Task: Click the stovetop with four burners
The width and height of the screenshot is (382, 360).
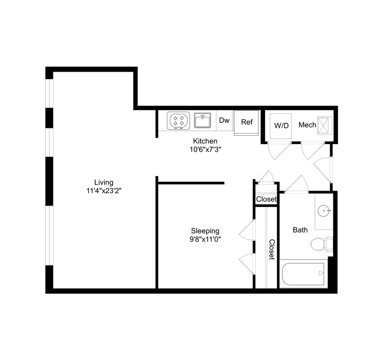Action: [178, 120]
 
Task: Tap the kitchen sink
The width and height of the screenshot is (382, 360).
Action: [202, 120]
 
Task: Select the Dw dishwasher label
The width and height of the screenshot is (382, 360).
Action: [225, 121]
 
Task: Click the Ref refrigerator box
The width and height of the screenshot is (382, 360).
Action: [247, 122]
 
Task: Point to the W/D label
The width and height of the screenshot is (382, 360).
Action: [281, 126]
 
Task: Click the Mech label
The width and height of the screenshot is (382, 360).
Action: [307, 125]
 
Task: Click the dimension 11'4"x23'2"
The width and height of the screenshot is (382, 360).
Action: [104, 191]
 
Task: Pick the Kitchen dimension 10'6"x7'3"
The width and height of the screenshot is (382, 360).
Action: [206, 149]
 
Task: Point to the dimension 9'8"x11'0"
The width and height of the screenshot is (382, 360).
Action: [205, 239]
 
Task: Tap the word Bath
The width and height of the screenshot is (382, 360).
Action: [300, 230]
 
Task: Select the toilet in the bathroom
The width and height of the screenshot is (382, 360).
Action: [318, 244]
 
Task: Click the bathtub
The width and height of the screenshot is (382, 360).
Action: [303, 275]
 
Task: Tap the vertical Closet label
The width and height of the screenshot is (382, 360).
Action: [271, 250]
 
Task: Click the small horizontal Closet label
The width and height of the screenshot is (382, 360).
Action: [266, 199]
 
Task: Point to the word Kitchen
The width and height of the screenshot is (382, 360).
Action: [205, 141]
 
